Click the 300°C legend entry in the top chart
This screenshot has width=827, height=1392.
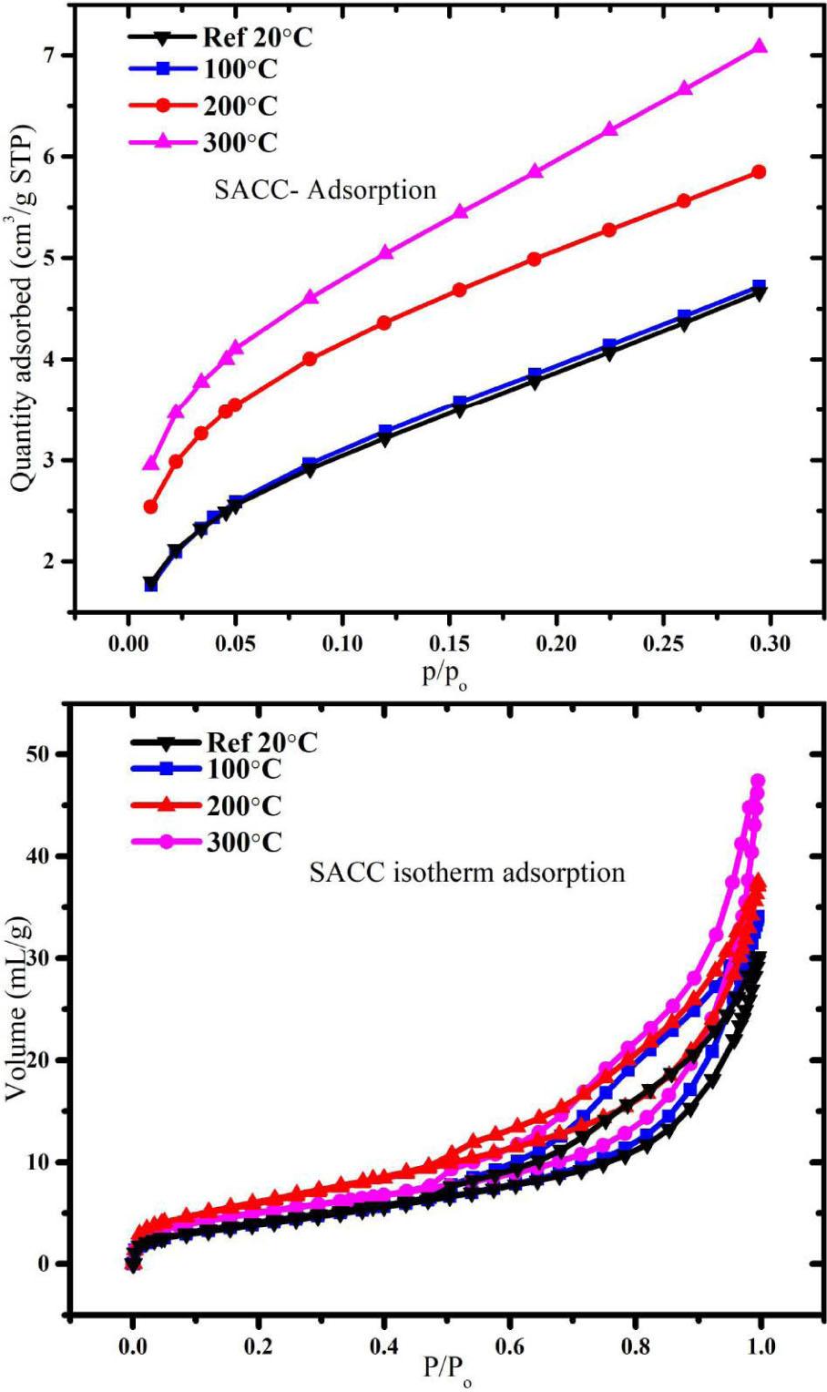[x=240, y=142]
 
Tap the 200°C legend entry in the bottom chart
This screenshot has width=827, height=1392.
[x=244, y=806]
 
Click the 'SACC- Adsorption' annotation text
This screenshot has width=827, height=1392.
[x=325, y=189]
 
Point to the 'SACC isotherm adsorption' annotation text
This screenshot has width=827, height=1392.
[x=467, y=873]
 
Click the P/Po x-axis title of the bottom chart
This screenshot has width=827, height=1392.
[x=447, y=1371]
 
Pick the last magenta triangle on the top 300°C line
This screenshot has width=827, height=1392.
[x=758, y=46]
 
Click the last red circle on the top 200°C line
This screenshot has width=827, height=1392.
[x=758, y=172]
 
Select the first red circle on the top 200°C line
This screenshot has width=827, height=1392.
[x=151, y=507]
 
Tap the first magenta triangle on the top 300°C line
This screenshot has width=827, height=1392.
[x=151, y=464]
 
